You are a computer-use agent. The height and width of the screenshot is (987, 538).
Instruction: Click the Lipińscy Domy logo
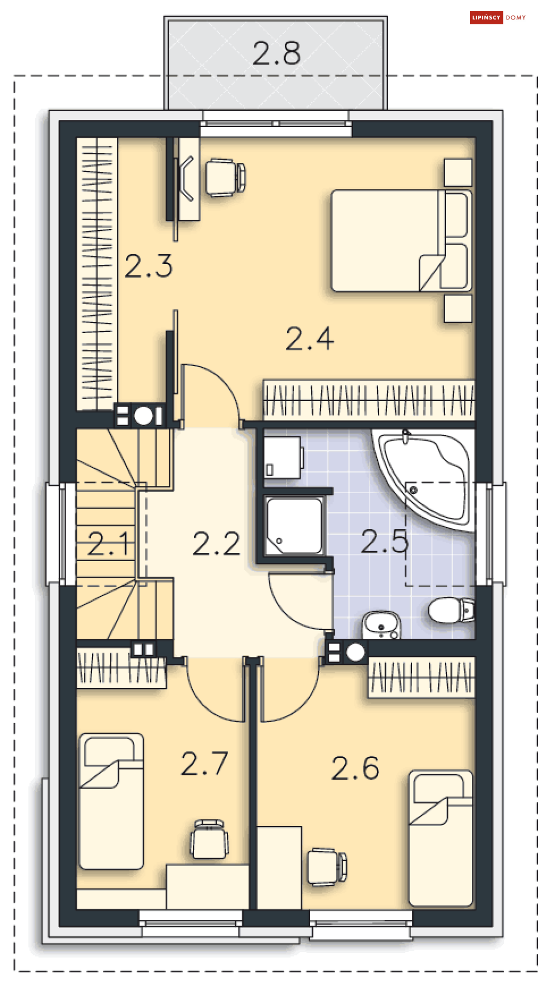click(498, 18)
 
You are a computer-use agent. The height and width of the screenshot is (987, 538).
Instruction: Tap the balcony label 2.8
click(276, 53)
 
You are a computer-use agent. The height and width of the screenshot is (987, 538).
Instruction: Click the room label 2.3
click(148, 266)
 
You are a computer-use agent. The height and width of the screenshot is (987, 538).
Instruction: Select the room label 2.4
click(309, 339)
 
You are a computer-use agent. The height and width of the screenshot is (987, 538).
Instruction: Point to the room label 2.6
click(355, 768)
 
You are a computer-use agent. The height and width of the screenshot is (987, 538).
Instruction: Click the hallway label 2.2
click(216, 544)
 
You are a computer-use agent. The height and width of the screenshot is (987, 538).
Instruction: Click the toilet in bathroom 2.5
click(451, 610)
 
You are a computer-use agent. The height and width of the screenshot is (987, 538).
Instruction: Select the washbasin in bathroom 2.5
click(381, 625)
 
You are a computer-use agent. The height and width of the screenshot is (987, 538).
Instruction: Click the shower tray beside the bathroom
click(294, 526)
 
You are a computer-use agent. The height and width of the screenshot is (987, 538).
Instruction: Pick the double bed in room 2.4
click(402, 241)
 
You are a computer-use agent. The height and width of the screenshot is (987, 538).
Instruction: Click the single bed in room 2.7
click(111, 801)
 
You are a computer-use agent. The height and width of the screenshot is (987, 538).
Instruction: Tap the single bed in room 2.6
click(441, 839)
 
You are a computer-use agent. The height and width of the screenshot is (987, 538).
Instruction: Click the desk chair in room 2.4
click(225, 178)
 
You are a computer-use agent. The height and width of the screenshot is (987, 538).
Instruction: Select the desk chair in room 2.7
click(209, 839)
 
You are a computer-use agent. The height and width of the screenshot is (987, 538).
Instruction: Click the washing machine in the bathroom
click(282, 457)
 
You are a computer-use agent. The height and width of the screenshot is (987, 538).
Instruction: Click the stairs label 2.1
click(108, 544)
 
